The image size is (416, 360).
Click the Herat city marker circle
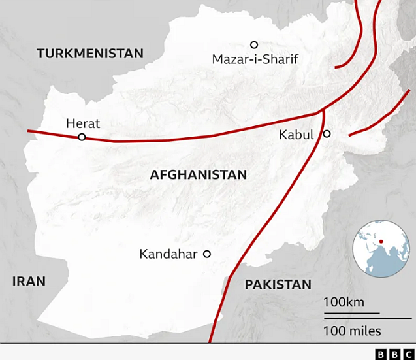point(82,137)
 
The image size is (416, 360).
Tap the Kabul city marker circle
point(327,134)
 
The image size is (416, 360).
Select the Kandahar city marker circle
point(207,254)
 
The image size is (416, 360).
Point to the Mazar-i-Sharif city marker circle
point(254,44)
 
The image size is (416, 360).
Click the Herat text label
point(83,123)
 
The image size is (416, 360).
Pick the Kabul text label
point(296,135)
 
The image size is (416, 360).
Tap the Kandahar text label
point(168,254)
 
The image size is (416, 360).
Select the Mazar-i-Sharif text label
point(255,59)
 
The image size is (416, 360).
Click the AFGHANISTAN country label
point(198,174)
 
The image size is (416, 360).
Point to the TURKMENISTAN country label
point(89,54)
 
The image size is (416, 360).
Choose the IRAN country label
point(29,282)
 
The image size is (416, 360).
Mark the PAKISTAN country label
point(278,284)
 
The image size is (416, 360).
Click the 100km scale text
point(344,303)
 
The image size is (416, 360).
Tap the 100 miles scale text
point(352,331)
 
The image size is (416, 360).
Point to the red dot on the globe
point(381,242)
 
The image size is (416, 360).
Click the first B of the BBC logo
point(381,354)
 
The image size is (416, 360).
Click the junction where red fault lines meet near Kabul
point(321,111)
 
